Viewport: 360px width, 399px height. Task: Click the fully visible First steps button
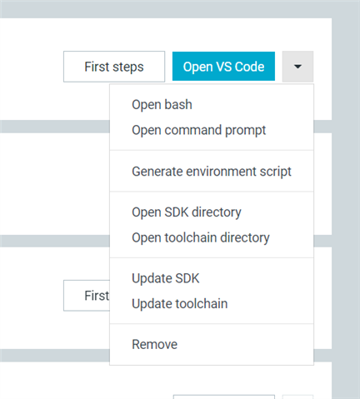coord(114,67)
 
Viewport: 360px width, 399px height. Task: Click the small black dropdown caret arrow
coord(297,67)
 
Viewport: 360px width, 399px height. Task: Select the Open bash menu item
coord(162,105)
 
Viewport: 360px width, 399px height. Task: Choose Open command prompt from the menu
coord(199,131)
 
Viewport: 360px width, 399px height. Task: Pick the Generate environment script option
coord(212,172)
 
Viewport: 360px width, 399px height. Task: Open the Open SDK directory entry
coord(187,212)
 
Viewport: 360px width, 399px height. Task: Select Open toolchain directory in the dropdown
coord(201,238)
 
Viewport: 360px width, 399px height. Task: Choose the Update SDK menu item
coord(166,278)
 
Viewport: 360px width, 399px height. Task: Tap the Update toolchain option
coord(180,304)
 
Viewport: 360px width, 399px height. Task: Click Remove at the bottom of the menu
coord(155,345)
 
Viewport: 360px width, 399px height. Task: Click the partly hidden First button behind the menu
coord(87,296)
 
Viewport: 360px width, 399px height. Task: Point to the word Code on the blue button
coord(249,67)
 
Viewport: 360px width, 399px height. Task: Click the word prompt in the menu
coord(246,131)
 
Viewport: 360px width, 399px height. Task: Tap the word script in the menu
coord(276,172)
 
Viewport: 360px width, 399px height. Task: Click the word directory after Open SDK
coord(217,212)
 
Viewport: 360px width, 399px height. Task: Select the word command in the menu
coord(193,130)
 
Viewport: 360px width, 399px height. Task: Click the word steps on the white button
coord(128,67)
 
